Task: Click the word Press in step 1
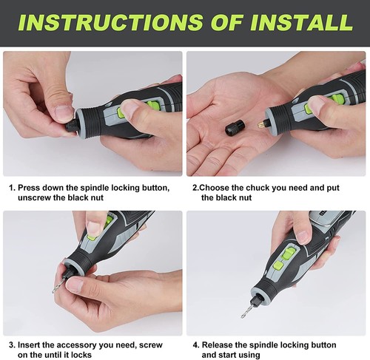point(30,188)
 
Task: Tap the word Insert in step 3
point(31,345)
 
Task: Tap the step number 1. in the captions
point(11,188)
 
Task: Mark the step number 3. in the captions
point(11,345)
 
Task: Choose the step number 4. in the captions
point(195,345)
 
